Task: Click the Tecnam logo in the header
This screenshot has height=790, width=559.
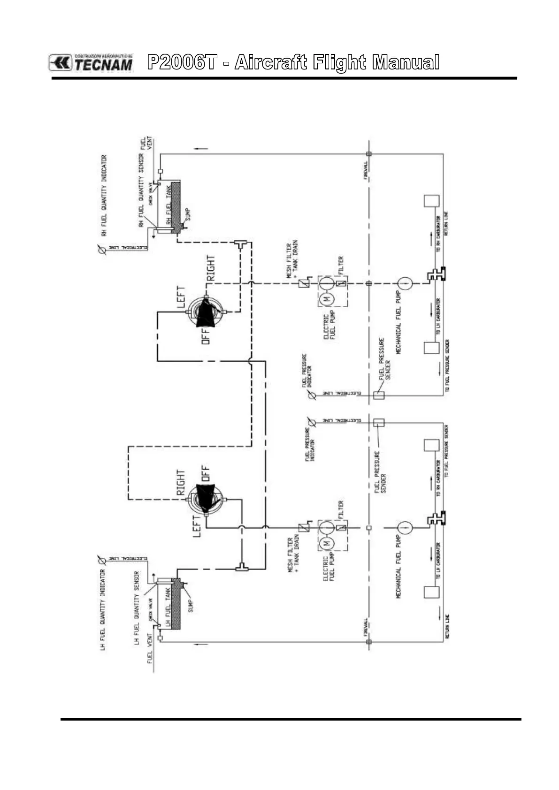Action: pyautogui.click(x=91, y=63)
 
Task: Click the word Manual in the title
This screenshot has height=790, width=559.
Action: pyautogui.click(x=406, y=62)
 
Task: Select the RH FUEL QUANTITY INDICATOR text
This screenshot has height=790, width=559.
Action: pyautogui.click(x=104, y=195)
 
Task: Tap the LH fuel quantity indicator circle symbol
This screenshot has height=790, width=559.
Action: pyautogui.click(x=100, y=559)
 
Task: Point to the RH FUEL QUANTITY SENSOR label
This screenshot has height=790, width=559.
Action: pyautogui.click(x=141, y=190)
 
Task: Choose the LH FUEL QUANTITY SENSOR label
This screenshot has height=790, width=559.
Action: pyautogui.click(x=137, y=608)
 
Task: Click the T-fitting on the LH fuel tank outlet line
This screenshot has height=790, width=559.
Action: pyautogui.click(x=242, y=567)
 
